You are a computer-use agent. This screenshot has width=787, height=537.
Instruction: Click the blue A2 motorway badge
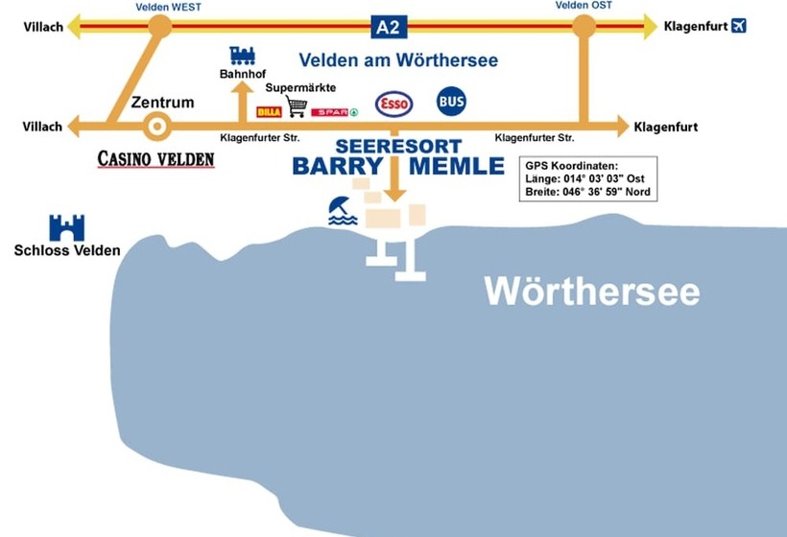[387, 27]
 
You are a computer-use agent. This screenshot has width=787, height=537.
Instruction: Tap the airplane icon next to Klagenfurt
[738, 26]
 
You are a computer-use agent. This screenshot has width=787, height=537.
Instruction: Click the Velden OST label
[584, 6]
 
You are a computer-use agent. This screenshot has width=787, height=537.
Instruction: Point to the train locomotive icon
[243, 56]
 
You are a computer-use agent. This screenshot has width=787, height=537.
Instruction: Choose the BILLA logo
[269, 112]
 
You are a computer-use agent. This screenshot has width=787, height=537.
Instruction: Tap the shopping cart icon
[297, 106]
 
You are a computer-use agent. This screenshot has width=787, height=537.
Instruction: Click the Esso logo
[393, 104]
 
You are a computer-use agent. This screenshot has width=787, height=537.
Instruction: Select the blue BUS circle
[451, 101]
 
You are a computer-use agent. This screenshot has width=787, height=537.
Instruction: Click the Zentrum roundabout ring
[156, 126]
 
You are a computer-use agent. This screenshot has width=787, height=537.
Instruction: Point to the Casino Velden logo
[155, 159]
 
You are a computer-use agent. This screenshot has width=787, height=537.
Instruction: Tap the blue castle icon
[67, 227]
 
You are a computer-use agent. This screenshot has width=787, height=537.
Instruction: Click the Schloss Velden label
[67, 251]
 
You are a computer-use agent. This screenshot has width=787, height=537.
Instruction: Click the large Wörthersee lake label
[591, 291]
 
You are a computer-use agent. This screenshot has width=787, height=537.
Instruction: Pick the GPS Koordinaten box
[587, 178]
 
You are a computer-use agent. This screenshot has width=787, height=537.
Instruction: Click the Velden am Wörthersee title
[398, 60]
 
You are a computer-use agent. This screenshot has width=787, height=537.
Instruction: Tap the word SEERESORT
[398, 147]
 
